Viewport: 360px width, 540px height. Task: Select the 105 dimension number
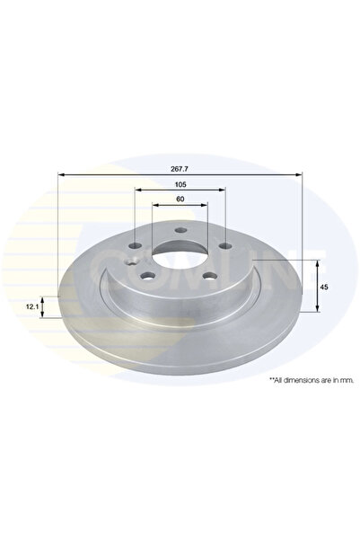pos(180,183)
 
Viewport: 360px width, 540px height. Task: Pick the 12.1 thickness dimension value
pos(33,307)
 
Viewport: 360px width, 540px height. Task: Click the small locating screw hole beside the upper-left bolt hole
pos(133,263)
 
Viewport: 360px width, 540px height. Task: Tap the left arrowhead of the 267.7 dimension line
pos(61,173)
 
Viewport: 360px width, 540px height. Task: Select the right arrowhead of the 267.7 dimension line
pos(300,173)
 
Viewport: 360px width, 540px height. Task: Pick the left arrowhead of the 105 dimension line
pos(137,190)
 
